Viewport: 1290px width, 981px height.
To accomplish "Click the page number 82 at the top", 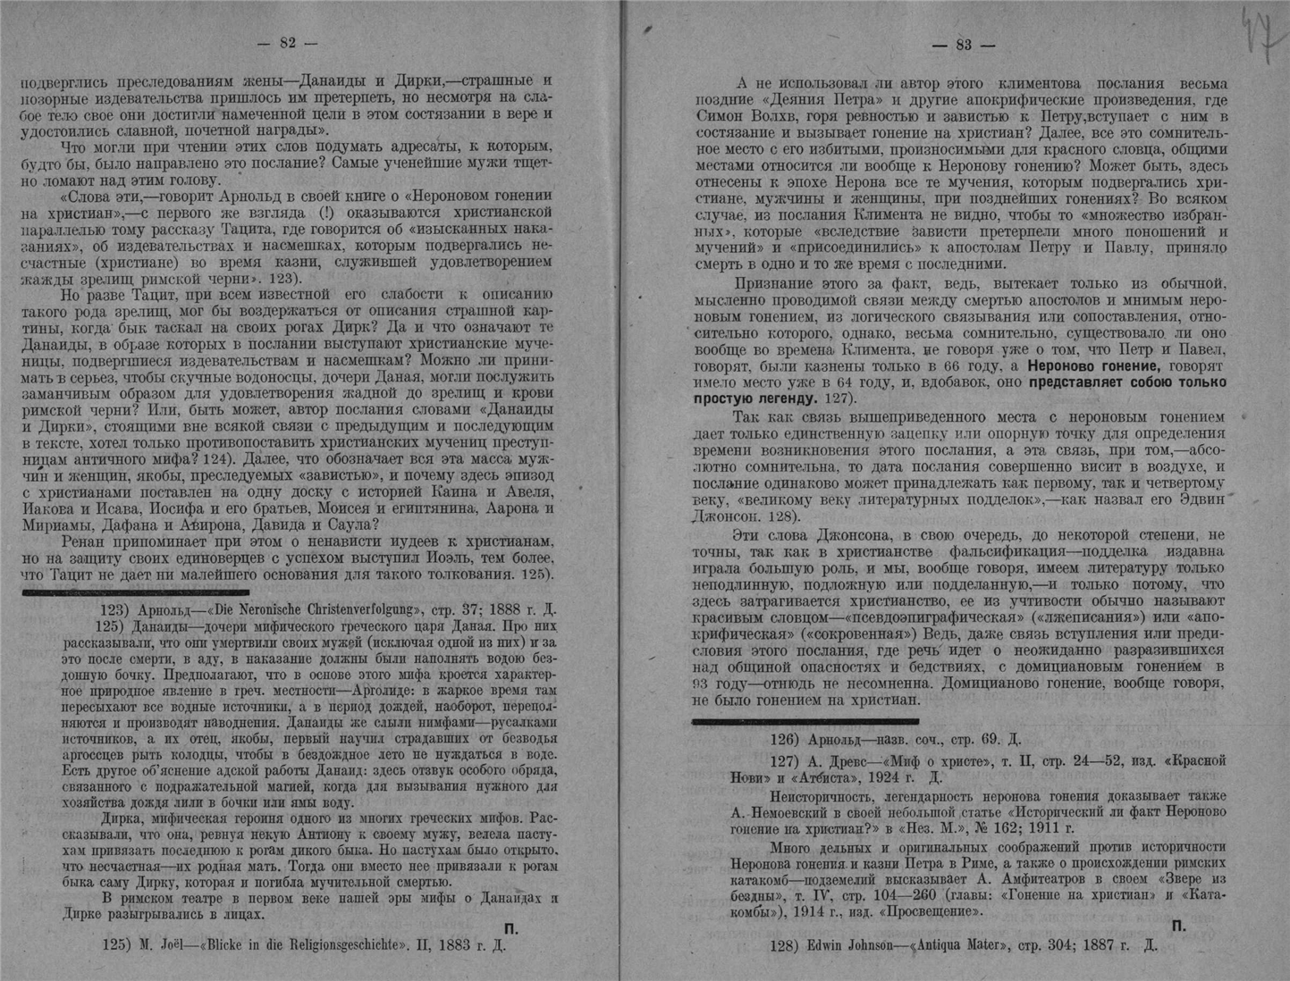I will (x=287, y=43).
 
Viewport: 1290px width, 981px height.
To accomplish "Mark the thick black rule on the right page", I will (x=805, y=720).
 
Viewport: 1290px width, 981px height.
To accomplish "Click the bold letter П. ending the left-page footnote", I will (x=511, y=928).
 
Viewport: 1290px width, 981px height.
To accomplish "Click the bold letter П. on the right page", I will (x=1179, y=926).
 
